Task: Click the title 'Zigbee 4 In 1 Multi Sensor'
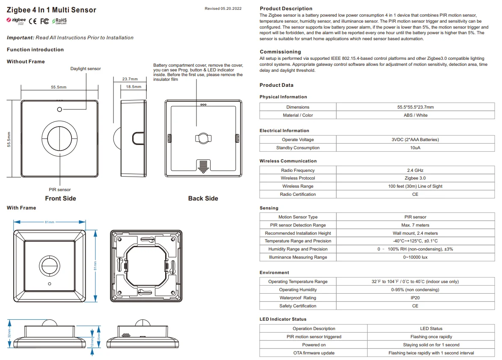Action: [51, 10]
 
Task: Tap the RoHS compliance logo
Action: [59, 21]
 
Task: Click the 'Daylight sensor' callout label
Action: [86, 68]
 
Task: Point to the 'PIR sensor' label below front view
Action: [60, 189]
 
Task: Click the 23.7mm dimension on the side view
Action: [130, 79]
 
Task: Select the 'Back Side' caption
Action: [203, 198]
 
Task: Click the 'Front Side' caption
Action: [60, 198]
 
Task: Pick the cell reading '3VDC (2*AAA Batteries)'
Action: [415, 139]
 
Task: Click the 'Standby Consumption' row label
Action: [297, 148]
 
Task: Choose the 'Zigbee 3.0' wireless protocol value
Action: [415, 178]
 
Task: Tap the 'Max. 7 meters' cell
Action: [415, 225]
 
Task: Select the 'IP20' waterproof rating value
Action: [415, 298]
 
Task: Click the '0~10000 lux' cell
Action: [415, 257]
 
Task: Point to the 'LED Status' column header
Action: [431, 328]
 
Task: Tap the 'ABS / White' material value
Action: [415, 115]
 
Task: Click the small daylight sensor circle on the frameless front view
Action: [59, 109]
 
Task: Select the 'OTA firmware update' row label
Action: [314, 353]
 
